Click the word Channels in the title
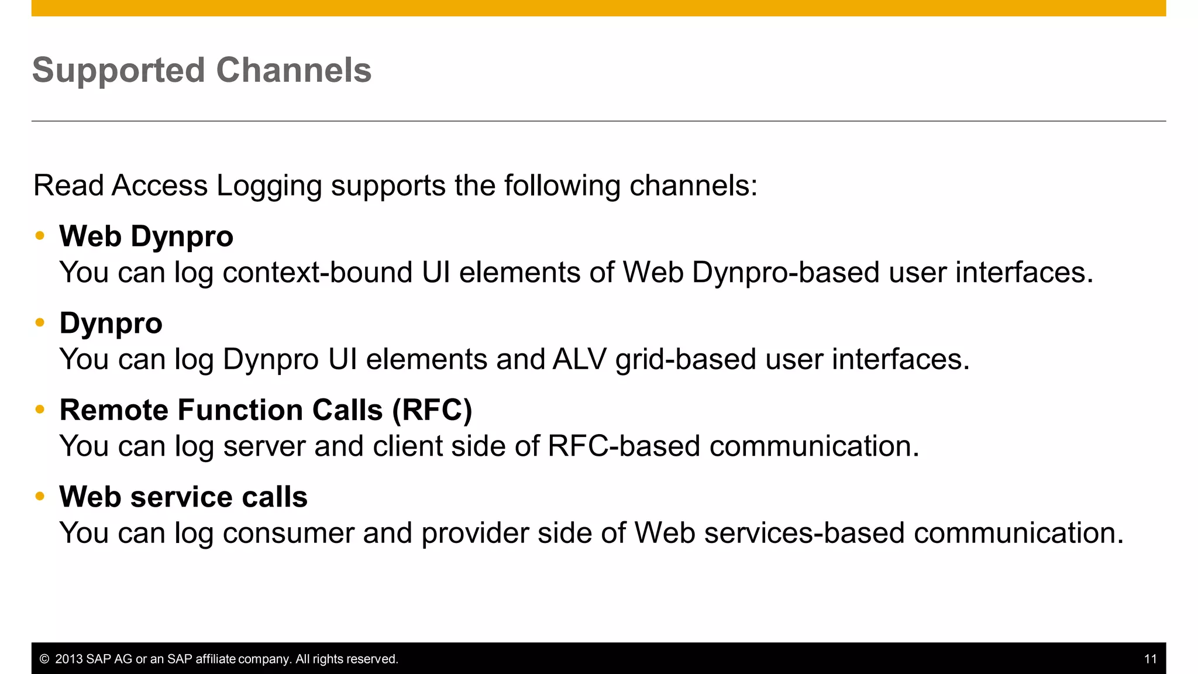tap(294, 70)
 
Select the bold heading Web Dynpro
tap(146, 237)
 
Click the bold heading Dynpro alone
tap(111, 324)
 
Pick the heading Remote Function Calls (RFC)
tap(266, 410)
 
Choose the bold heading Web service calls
tap(183, 497)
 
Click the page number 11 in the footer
tap(1150, 659)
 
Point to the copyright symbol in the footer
tap(44, 659)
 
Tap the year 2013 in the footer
tap(69, 659)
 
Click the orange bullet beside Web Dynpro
tap(40, 236)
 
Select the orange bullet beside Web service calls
tap(40, 497)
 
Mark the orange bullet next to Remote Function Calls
tap(40, 410)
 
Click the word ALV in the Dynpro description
tap(579, 359)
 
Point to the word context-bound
tap(318, 273)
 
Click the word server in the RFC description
tap(264, 446)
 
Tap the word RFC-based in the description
tap(624, 446)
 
